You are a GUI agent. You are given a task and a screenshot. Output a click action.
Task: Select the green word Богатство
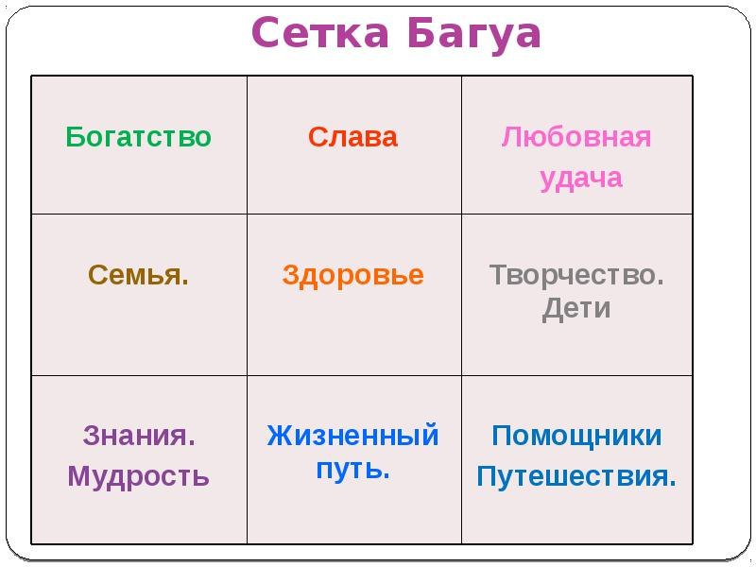[139, 137]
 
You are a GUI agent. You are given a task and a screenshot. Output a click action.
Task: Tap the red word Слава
[353, 137]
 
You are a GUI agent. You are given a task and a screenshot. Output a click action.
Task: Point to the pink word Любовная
[576, 137]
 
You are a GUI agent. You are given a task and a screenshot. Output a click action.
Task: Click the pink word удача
[581, 179]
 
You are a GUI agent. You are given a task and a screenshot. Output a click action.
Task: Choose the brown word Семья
[139, 275]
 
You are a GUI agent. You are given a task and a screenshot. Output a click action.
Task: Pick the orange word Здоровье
[353, 275]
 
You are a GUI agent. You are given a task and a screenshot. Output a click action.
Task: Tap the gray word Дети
[576, 309]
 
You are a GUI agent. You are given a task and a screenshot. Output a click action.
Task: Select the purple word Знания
[139, 436]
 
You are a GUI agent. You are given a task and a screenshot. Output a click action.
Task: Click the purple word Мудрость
[139, 475]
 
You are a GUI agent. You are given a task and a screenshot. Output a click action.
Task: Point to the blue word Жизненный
[353, 436]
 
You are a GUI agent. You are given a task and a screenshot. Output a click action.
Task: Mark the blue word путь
[353, 469]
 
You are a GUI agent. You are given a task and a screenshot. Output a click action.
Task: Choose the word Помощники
[576, 436]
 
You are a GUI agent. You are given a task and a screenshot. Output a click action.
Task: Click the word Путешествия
[576, 475]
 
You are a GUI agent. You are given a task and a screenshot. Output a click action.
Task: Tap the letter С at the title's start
[266, 35]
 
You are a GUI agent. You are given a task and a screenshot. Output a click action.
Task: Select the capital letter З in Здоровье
[290, 275]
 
